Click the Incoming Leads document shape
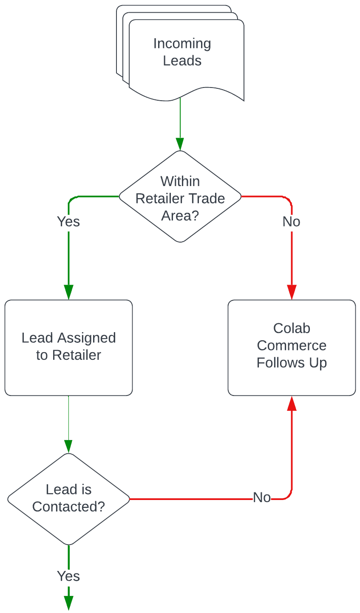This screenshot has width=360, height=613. point(186,55)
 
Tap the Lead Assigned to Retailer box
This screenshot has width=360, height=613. point(68,347)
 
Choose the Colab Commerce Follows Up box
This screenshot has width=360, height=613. point(292,347)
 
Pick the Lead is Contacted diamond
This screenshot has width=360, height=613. point(68,499)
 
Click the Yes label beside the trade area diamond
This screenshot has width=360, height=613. point(68,221)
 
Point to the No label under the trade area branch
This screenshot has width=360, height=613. point(291,221)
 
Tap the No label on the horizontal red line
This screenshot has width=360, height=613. point(262,497)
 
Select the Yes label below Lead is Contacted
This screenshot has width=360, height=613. point(68,576)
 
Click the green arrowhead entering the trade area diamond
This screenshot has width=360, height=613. point(180,144)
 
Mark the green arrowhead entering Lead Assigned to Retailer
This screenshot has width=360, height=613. point(68,292)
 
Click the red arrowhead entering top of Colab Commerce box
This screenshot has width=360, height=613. point(292,292)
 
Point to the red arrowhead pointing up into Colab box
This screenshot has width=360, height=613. point(292,404)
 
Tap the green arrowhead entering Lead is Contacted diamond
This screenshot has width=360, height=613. point(68,446)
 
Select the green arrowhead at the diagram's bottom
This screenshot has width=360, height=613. point(68,603)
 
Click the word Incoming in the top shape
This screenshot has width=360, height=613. point(182,43)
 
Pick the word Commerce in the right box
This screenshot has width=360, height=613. point(292,345)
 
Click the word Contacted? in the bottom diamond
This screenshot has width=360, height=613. point(68,506)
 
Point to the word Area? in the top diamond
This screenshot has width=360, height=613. point(180,215)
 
